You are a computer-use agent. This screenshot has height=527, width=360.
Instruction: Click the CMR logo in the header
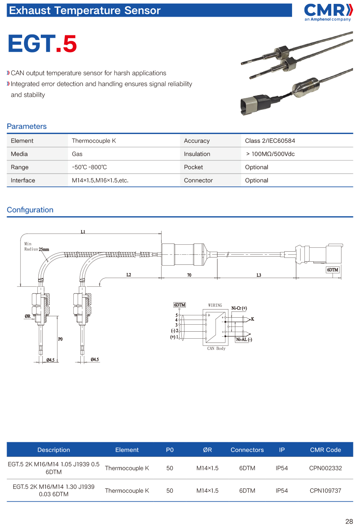tap(328, 12)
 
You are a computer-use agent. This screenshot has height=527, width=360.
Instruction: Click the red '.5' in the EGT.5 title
tap(66, 44)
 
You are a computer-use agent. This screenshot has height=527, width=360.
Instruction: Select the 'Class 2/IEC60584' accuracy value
tap(270, 141)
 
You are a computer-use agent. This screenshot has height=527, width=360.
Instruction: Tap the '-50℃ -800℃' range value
tap(89, 167)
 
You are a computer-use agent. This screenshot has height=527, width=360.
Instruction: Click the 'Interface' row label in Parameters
tap(23, 180)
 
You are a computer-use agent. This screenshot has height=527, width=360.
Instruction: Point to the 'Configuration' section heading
tap(30, 210)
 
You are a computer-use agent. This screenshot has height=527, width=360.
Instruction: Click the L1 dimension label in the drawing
tap(83, 232)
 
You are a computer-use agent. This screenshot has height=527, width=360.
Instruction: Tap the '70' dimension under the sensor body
tap(189, 275)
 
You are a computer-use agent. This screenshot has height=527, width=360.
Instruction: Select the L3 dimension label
tap(259, 275)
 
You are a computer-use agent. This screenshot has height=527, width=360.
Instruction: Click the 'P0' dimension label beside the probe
tap(60, 339)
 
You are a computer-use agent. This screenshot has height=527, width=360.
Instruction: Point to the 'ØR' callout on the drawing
tap(28, 316)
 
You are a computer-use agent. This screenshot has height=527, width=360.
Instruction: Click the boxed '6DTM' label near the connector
tap(332, 270)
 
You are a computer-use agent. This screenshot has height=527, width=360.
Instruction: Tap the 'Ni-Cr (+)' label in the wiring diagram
tap(239, 308)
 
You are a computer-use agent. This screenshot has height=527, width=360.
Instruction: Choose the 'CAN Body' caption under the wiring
tap(216, 348)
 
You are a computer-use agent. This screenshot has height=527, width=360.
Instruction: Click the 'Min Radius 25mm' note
tap(37, 247)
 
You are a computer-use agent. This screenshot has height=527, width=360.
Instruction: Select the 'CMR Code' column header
tap(325, 450)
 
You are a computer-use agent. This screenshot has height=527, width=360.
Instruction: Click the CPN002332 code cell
tap(325, 468)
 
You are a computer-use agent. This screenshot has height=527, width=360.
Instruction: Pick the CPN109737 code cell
tap(325, 490)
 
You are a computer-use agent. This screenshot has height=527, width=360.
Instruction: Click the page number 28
tap(349, 521)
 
